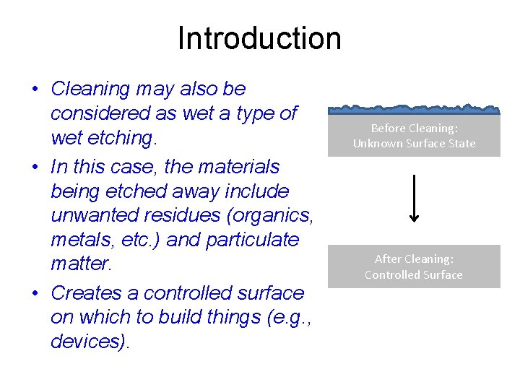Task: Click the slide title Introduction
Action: coord(259,38)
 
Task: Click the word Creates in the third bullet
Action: coord(95,293)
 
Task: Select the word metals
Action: coord(79,240)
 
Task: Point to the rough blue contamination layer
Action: coord(414,110)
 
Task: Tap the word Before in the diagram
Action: coord(389,128)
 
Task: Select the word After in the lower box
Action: coord(389,259)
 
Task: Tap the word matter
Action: coord(81,264)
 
